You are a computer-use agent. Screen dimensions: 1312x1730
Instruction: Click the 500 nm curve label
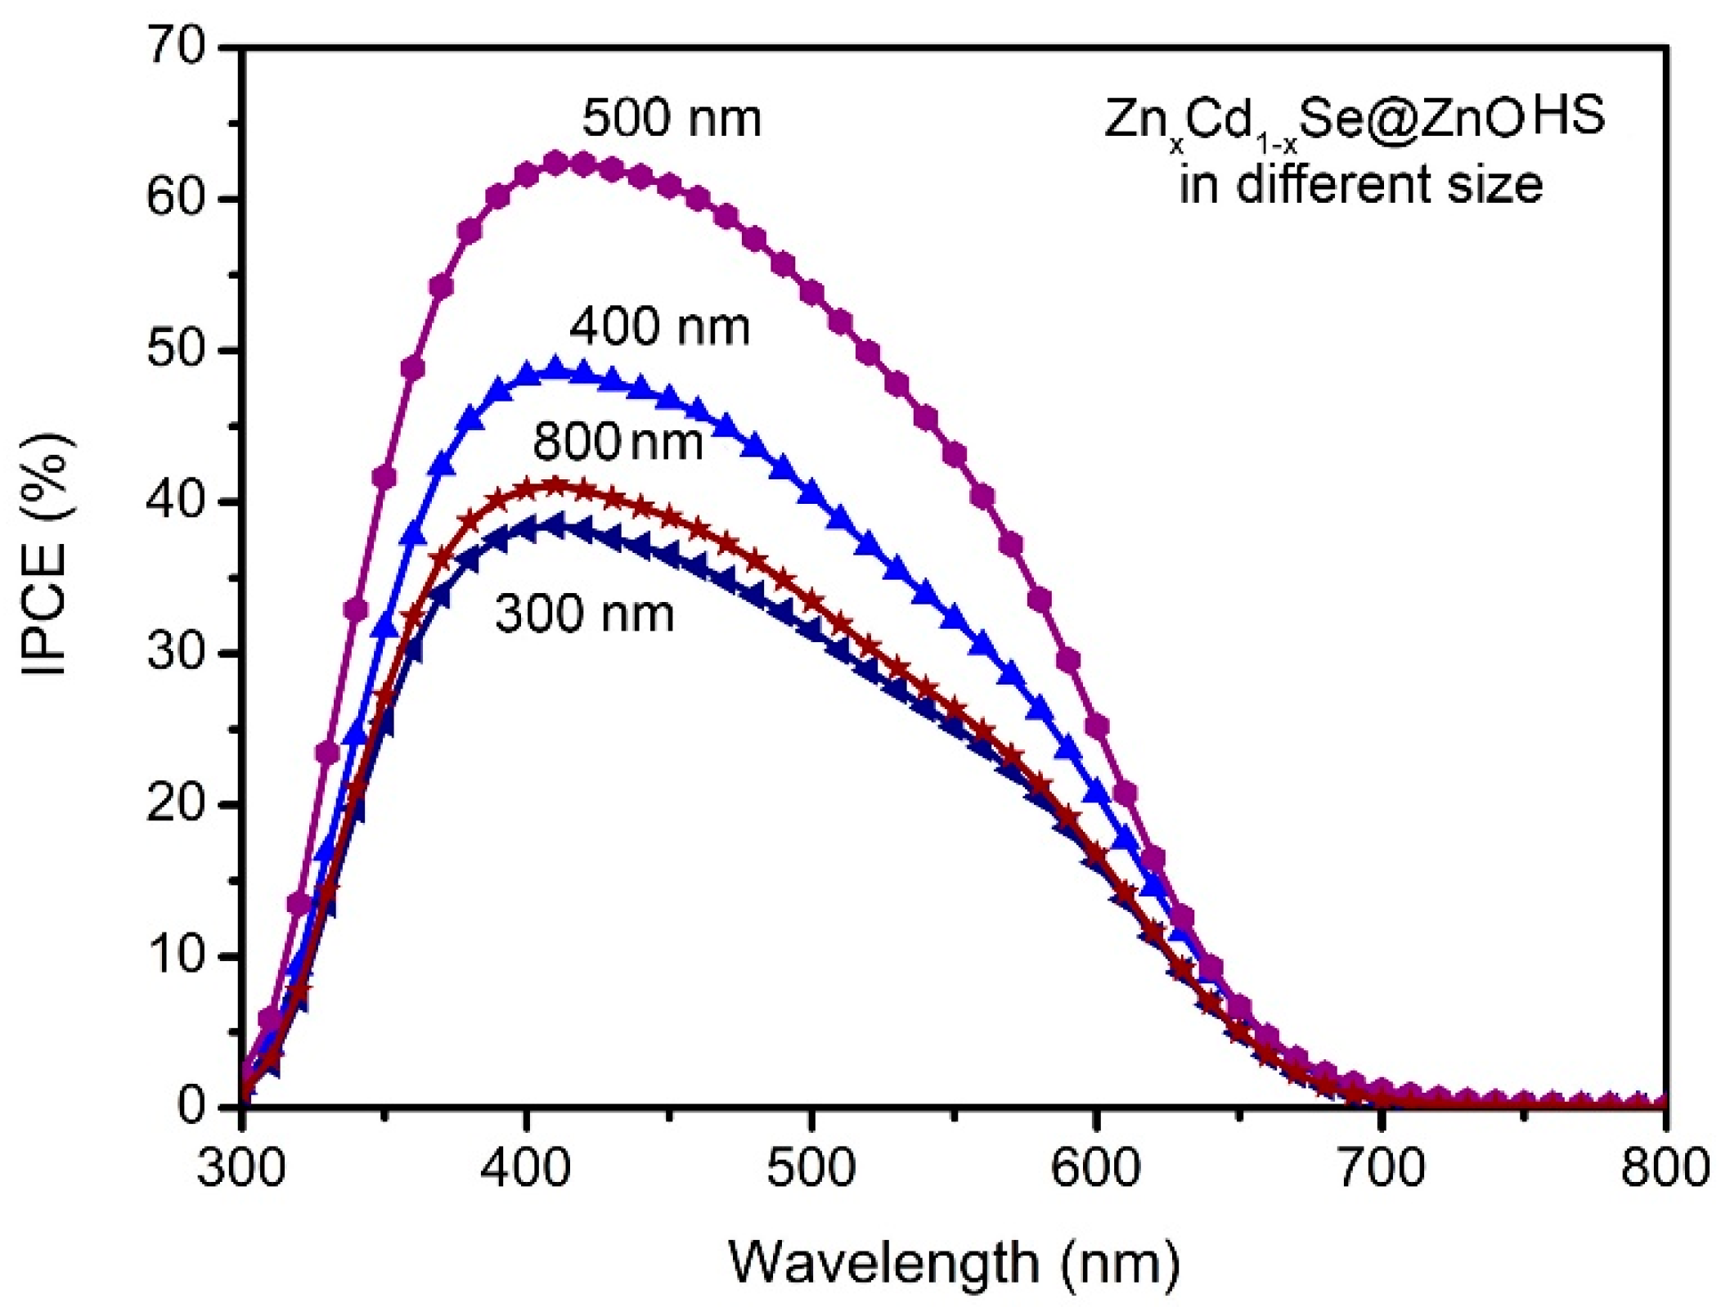click(x=671, y=119)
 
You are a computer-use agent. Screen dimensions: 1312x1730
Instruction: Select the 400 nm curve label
click(x=659, y=327)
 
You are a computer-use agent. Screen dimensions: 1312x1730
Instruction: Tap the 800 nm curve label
click(x=618, y=443)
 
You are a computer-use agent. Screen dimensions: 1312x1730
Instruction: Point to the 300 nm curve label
click(x=584, y=613)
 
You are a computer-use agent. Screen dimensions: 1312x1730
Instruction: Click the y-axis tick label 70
click(x=175, y=47)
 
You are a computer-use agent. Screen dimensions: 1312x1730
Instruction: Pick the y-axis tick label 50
click(x=175, y=350)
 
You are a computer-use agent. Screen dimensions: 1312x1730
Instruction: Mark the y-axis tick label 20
click(x=175, y=804)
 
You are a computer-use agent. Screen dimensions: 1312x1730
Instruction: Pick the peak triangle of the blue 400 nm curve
click(x=556, y=366)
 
